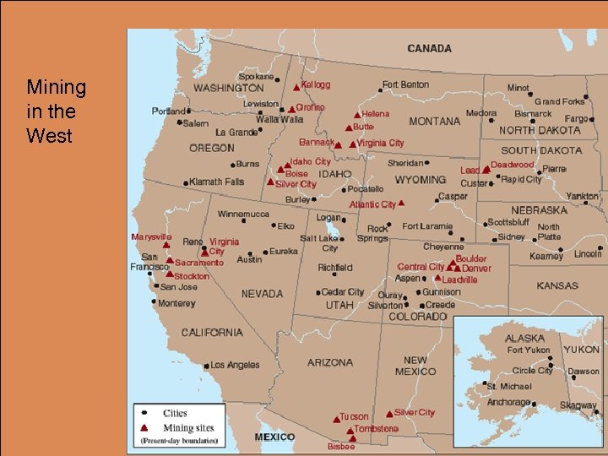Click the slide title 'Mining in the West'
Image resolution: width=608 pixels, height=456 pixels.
coord(56,111)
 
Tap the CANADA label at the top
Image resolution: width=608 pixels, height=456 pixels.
coord(429,48)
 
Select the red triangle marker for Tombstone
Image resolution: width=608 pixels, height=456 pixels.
coord(350,429)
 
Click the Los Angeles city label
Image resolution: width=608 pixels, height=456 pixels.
coord(236,365)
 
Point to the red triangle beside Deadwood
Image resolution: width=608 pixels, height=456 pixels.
coord(486,170)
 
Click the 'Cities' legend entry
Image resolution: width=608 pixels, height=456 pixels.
coord(175,414)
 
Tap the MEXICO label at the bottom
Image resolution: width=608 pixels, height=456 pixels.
coord(275,437)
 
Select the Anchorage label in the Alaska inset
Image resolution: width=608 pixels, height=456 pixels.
coord(509,403)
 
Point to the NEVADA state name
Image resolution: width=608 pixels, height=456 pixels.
coord(262,294)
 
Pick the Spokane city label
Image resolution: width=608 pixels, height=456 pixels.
coord(256,76)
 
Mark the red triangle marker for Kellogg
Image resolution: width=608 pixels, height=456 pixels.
coord(296,87)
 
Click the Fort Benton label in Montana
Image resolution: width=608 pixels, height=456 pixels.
coord(405,84)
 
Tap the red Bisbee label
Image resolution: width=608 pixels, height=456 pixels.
coord(341,447)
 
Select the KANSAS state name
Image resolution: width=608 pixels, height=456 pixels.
coord(557,285)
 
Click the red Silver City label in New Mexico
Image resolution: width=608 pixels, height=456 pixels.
coord(415,412)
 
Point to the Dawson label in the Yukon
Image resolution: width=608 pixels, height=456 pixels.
coord(584,372)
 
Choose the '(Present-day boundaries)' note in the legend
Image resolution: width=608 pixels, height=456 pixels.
coord(177,441)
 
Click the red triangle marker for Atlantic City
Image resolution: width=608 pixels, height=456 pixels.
coord(401,203)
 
